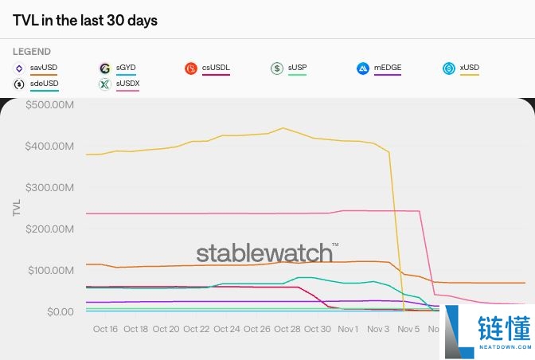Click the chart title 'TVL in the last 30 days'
(x=85, y=21)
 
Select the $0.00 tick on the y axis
(x=59, y=311)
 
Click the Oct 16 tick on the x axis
(x=105, y=329)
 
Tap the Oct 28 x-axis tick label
(x=287, y=329)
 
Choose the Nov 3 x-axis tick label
(x=377, y=329)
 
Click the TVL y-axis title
(x=17, y=208)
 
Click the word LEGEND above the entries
(x=32, y=52)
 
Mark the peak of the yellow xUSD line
(x=282, y=127)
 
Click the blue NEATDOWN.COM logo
(x=487, y=334)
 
